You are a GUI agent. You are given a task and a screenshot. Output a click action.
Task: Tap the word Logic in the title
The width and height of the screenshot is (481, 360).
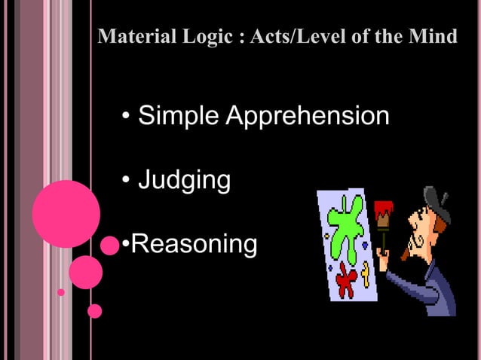[x=201, y=36]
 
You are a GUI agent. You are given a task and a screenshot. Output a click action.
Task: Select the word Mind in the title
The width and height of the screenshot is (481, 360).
[x=437, y=36]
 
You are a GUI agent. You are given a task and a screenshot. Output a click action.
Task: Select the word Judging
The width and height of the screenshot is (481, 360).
[x=184, y=181]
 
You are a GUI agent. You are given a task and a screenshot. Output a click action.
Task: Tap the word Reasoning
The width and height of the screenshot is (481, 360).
[x=195, y=244]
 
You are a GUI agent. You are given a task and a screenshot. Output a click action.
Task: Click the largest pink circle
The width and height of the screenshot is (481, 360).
[x=66, y=214]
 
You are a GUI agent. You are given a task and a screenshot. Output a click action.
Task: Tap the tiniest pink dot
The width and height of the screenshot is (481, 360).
[x=61, y=291]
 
